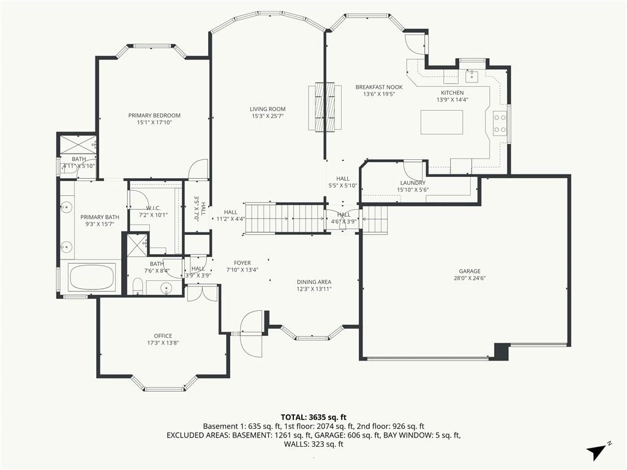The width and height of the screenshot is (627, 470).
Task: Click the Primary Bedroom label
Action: pyautogui.click(x=154, y=116)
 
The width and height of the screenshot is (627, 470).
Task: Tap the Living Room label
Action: pyautogui.click(x=268, y=109)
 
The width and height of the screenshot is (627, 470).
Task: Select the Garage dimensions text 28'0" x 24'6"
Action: pyautogui.click(x=470, y=278)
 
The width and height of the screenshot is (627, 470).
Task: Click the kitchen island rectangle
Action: pyautogui.click(x=441, y=122)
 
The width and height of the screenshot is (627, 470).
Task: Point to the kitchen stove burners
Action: pyautogui.click(x=500, y=124)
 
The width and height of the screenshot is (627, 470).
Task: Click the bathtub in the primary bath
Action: pyautogui.click(x=92, y=278)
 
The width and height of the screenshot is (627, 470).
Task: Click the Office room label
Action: pyautogui.click(x=163, y=336)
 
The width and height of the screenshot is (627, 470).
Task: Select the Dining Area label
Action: pyautogui.click(x=314, y=282)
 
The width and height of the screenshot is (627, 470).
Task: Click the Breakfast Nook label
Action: pyautogui.click(x=379, y=87)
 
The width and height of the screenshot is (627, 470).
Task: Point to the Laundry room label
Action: pyautogui.click(x=413, y=182)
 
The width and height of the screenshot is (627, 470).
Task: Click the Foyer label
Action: pyautogui.click(x=242, y=263)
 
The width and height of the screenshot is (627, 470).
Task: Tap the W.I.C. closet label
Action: pyautogui.click(x=153, y=208)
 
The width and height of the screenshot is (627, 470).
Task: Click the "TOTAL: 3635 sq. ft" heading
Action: pyautogui.click(x=313, y=418)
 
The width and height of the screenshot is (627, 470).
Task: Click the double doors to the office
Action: pyautogui.click(x=202, y=293)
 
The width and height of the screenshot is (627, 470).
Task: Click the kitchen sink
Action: pyautogui.click(x=472, y=75)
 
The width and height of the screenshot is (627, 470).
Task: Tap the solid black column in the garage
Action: pyautogui.click(x=502, y=352)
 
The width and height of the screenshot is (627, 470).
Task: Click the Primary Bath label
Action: pyautogui.click(x=100, y=217)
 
